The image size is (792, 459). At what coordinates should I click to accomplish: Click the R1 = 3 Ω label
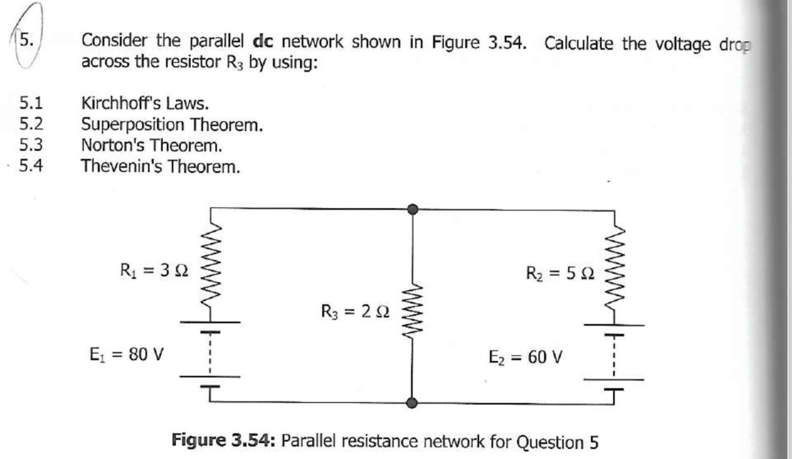click(x=154, y=271)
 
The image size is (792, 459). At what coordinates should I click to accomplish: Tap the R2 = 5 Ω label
click(x=560, y=273)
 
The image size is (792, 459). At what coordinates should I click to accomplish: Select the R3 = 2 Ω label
click(x=355, y=312)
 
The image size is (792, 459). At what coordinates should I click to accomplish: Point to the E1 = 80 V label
click(x=126, y=355)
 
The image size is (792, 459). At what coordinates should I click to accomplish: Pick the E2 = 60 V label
click(x=525, y=357)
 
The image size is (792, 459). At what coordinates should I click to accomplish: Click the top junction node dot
click(x=412, y=209)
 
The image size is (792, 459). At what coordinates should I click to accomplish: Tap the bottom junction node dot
click(x=412, y=403)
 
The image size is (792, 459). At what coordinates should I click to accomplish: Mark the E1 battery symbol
click(x=210, y=354)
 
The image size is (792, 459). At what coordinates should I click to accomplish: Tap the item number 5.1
click(x=31, y=103)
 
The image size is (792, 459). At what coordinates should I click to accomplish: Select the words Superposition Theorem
click(x=172, y=125)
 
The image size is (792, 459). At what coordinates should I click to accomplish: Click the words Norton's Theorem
click(x=152, y=145)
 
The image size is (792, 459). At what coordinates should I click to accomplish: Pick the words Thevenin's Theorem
click(x=161, y=166)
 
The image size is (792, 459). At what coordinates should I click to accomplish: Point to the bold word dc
click(x=263, y=41)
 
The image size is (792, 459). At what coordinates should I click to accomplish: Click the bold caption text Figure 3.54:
click(x=223, y=440)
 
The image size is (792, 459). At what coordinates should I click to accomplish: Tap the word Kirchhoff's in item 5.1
click(x=121, y=103)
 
